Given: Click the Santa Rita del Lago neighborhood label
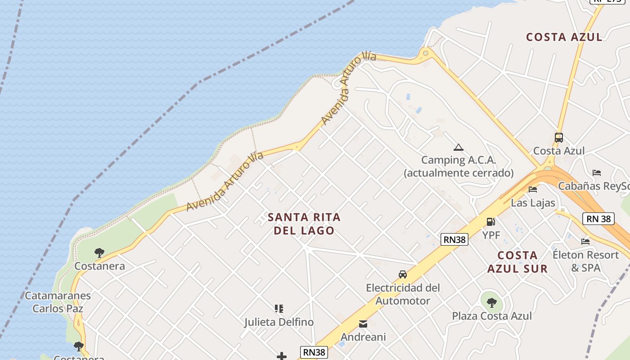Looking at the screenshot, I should (x=304, y=224).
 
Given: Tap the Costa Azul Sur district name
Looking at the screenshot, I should (x=517, y=262).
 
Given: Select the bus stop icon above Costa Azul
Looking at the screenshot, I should (x=558, y=138).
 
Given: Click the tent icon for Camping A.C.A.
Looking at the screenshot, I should (x=458, y=147).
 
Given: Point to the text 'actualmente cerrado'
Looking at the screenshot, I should (x=459, y=173).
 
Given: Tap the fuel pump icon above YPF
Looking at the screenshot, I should (x=490, y=221).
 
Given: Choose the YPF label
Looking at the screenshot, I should (x=491, y=235).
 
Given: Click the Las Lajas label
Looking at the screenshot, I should (x=533, y=202).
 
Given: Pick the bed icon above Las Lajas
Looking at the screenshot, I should (x=533, y=189).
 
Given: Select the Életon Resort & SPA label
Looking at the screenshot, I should (x=585, y=261).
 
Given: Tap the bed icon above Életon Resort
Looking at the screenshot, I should (x=585, y=241).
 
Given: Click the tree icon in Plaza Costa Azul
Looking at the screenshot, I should (x=491, y=302).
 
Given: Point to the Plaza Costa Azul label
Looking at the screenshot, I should (x=491, y=316).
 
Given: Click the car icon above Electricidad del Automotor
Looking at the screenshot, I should (x=402, y=274).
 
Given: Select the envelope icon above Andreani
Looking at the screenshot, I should (x=363, y=324).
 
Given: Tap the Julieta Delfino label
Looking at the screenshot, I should (x=279, y=322).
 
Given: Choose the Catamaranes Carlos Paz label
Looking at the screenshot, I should (x=58, y=302).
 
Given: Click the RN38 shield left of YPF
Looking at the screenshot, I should (x=454, y=239).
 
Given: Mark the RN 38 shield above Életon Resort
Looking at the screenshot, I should (x=598, y=219).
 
